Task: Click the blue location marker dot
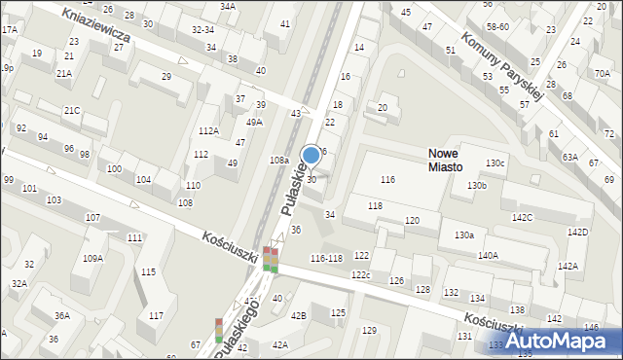point(311,155)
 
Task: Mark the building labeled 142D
point(578,233)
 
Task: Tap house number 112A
point(208,131)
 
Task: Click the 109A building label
point(92,258)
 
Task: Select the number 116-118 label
point(326,258)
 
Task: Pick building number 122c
point(361,275)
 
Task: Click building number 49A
point(254,123)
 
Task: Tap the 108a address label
point(279,160)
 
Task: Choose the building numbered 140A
point(488,255)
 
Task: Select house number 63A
point(569,157)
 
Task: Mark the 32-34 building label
point(202,30)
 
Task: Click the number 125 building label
point(338,312)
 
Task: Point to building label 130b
point(476,185)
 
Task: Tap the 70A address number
point(602,73)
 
